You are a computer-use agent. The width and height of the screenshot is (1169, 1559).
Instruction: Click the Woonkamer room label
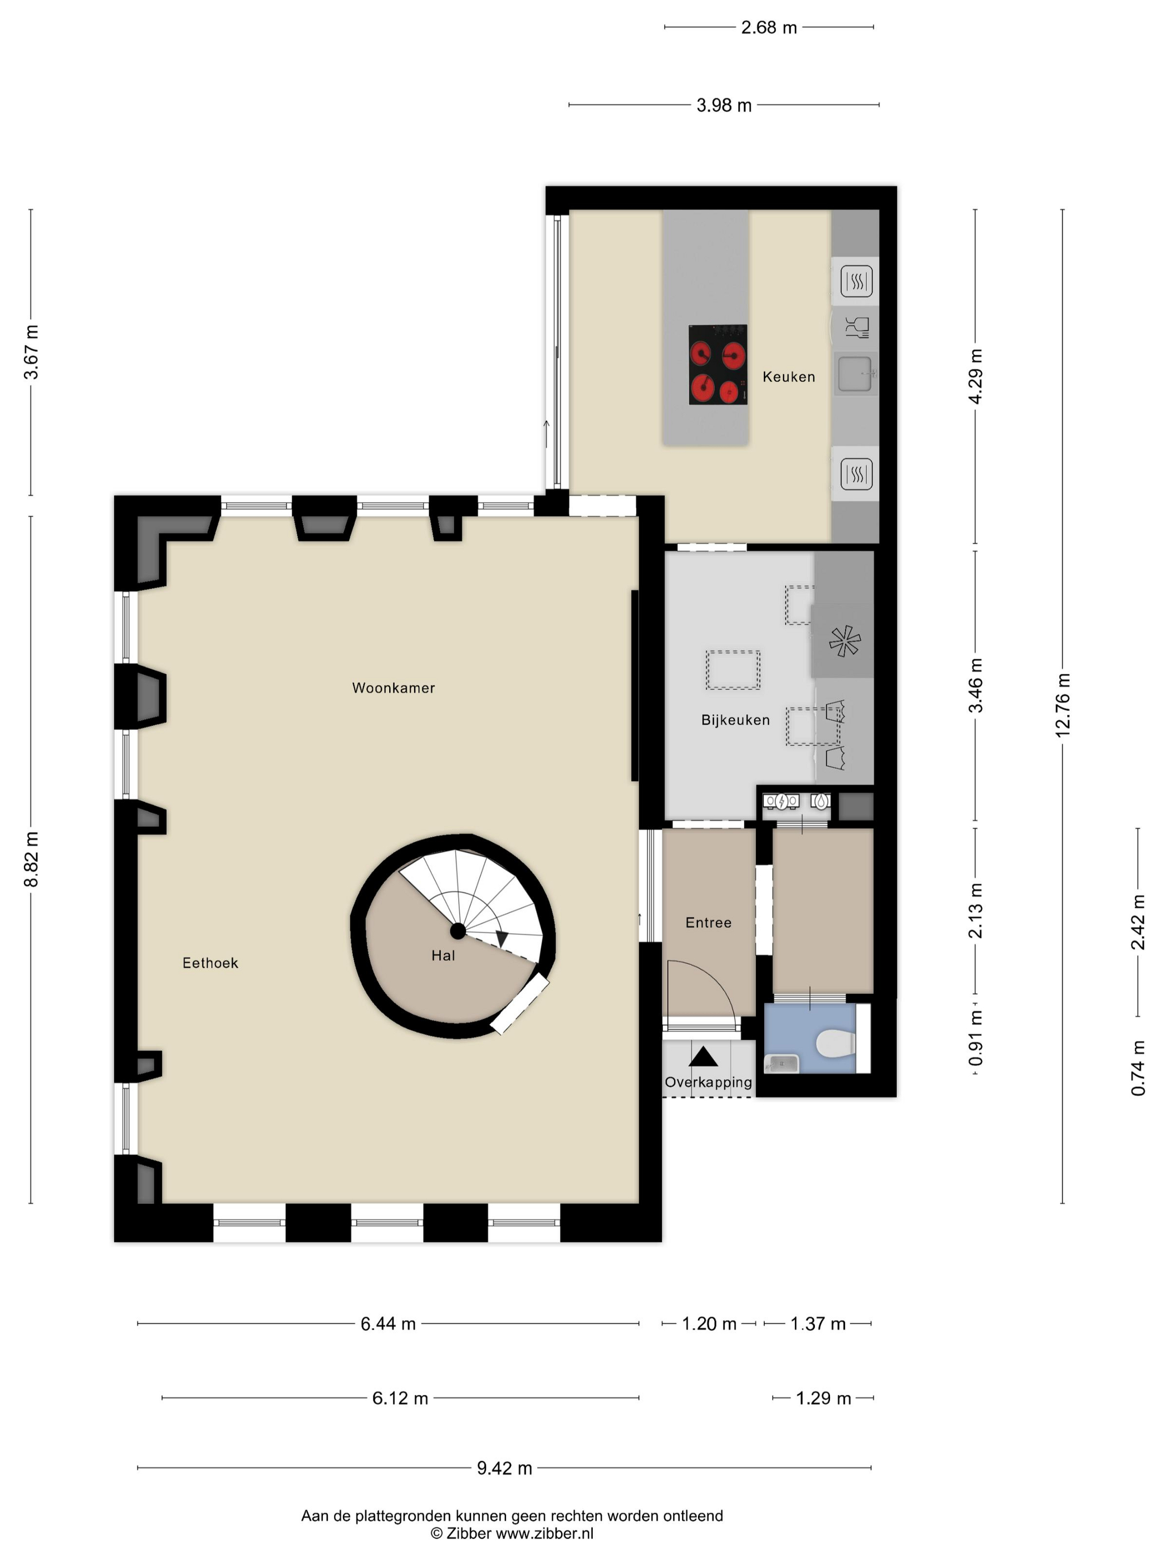click(393, 688)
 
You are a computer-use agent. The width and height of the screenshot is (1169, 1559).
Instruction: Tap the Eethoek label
click(210, 963)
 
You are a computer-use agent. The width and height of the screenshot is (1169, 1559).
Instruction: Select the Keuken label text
click(788, 376)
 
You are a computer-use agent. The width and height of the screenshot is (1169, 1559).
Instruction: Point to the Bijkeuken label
click(735, 719)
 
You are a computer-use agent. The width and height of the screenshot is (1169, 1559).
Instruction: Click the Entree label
click(708, 923)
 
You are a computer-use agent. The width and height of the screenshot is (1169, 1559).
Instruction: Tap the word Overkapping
click(708, 1082)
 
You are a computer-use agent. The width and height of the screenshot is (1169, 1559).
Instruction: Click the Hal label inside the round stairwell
click(443, 955)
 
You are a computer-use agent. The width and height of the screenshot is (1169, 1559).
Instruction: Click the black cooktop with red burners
click(718, 364)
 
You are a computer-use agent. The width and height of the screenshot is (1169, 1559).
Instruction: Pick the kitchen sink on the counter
click(856, 374)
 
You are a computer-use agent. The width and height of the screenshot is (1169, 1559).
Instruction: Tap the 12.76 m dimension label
click(1063, 705)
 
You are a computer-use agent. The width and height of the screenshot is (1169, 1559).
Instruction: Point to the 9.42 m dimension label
click(504, 1468)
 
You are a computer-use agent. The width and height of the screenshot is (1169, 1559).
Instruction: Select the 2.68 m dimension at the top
click(769, 27)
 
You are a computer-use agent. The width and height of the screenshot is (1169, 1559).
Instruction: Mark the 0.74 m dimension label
click(1138, 1068)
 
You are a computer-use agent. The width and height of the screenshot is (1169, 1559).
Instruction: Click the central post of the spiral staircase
click(458, 931)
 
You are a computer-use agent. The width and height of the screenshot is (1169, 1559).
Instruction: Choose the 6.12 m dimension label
click(400, 1398)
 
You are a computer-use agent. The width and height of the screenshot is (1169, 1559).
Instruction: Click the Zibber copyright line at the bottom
click(512, 1533)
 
